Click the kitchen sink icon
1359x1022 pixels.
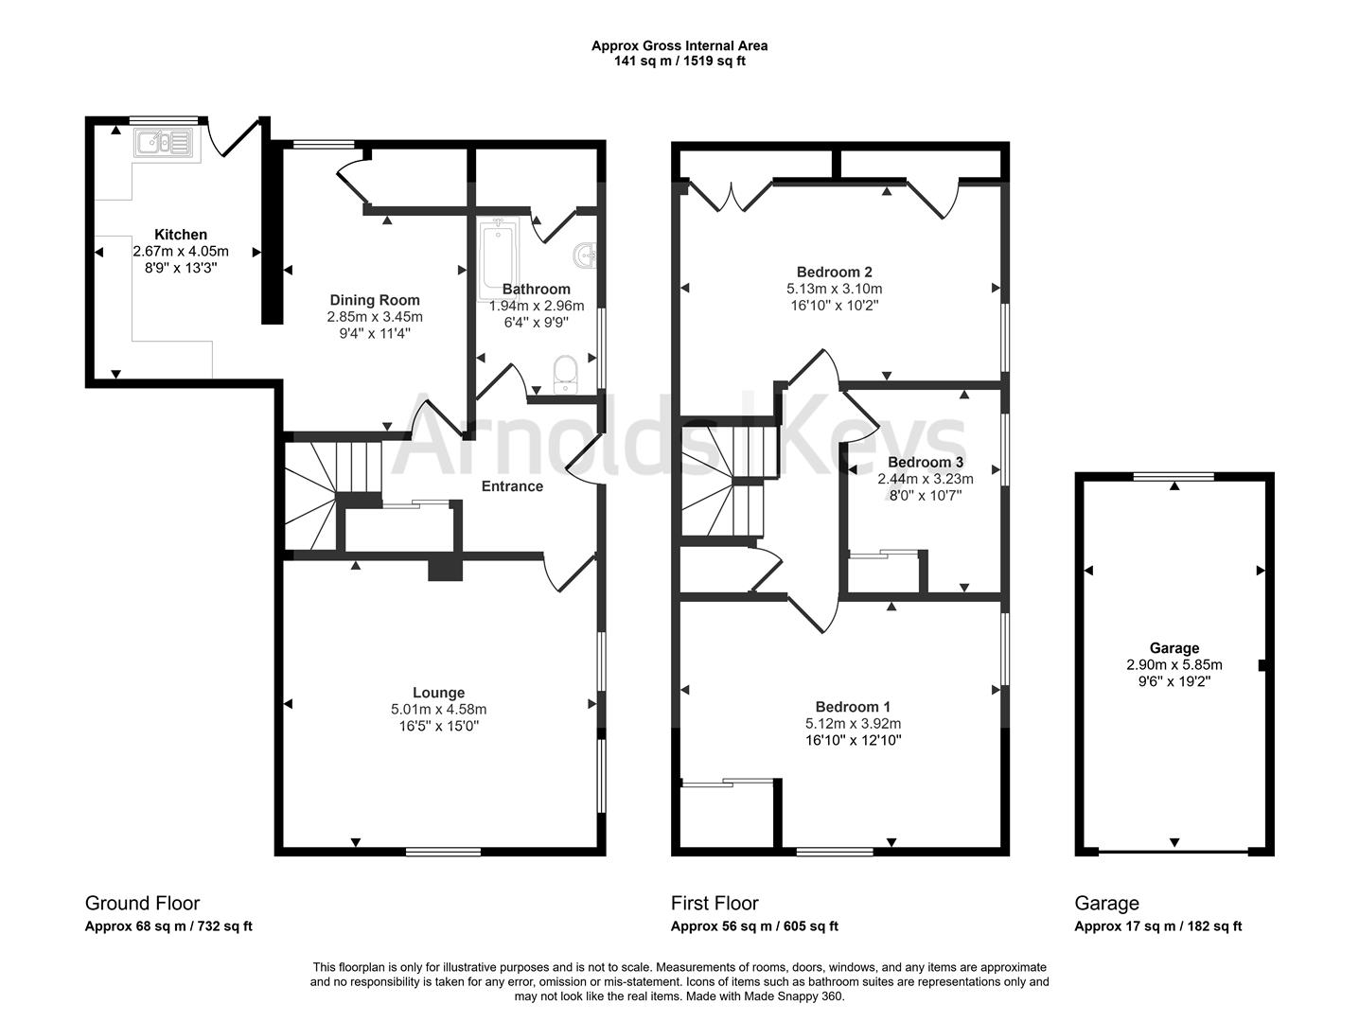164,144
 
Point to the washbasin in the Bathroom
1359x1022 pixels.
586,254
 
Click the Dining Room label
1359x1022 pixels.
374,300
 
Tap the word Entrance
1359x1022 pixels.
512,486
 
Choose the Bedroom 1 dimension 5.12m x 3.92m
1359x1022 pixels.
853,723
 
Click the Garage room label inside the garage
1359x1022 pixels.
1174,648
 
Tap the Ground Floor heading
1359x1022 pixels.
142,903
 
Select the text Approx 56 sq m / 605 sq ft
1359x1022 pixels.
753,927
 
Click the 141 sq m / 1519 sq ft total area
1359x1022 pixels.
679,62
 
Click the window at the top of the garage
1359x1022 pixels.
1174,476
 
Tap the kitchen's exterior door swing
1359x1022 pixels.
234,138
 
